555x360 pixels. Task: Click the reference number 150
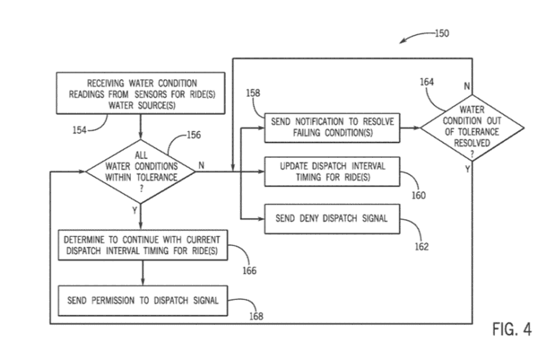(x=441, y=33)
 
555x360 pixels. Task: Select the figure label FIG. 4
(x=512, y=330)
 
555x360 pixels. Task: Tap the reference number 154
(x=80, y=130)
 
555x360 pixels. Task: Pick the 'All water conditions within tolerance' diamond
(x=140, y=170)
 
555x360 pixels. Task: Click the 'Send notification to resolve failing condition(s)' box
(x=332, y=126)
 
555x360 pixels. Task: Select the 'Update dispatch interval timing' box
(x=332, y=170)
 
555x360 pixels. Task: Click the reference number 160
(x=419, y=195)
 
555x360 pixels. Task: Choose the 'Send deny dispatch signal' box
(x=332, y=218)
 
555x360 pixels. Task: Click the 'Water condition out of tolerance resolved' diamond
(x=472, y=127)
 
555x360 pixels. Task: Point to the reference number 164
(x=427, y=82)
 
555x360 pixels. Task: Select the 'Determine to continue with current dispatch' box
(x=142, y=245)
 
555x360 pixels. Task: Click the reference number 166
(x=249, y=271)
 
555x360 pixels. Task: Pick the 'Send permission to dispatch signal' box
(x=142, y=300)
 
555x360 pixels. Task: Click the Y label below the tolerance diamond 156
(x=135, y=210)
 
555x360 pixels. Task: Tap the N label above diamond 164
(x=467, y=87)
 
